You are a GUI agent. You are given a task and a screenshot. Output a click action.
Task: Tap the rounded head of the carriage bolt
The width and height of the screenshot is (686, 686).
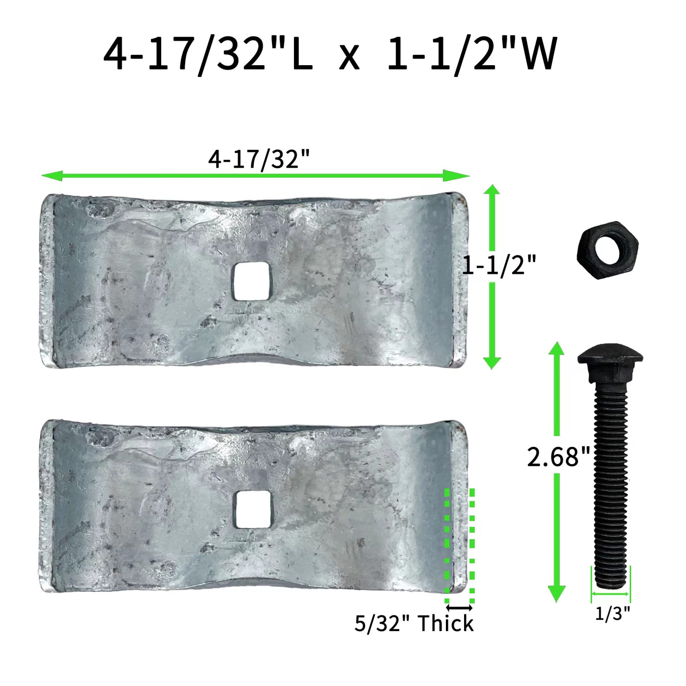pyautogui.click(x=610, y=362)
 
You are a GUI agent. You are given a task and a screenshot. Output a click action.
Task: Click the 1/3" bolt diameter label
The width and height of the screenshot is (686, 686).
pyautogui.click(x=612, y=614)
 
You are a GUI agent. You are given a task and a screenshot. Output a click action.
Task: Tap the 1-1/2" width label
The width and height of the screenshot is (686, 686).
pyautogui.click(x=498, y=266)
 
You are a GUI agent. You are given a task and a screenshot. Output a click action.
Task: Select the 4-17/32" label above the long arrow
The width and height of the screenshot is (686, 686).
pyautogui.click(x=259, y=159)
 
